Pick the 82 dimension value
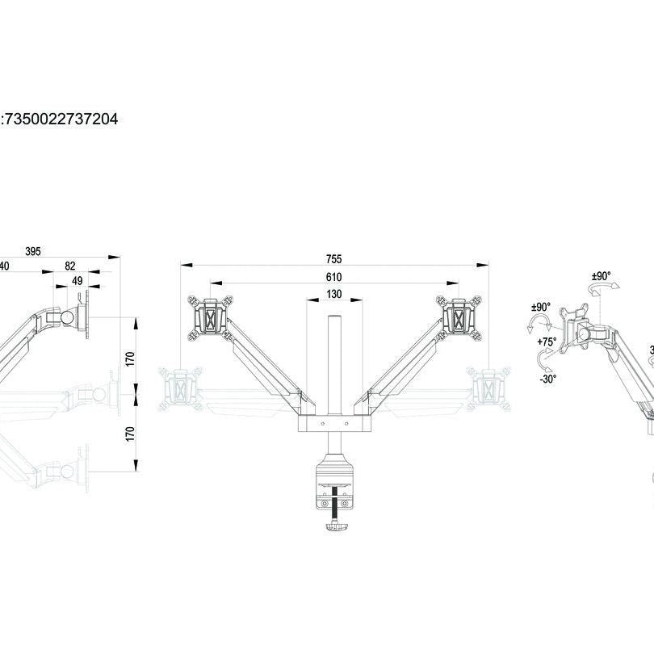(x=70, y=266)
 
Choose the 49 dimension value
(x=78, y=280)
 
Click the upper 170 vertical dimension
(x=130, y=358)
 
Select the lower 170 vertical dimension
(x=130, y=433)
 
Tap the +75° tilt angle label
(x=547, y=342)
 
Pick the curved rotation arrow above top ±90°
(x=600, y=290)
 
